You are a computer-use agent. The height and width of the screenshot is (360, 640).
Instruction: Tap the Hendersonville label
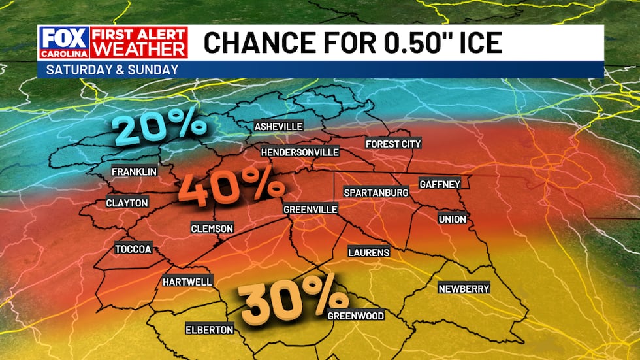[300, 152]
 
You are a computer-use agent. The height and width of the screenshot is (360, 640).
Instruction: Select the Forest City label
[393, 144]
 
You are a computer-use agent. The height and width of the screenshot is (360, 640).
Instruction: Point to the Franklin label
[134, 172]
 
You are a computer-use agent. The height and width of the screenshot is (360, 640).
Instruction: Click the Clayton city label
[127, 203]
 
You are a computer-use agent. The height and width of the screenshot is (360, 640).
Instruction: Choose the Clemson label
[212, 228]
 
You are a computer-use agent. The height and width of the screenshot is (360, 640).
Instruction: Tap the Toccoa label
[133, 249]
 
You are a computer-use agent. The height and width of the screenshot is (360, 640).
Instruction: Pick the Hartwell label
[187, 282]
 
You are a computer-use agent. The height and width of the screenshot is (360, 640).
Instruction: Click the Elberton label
[209, 329]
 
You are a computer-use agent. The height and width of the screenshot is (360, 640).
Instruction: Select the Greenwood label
[355, 316]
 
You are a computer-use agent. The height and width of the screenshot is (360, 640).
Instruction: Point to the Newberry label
[464, 289]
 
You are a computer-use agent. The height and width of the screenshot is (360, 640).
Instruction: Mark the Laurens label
[369, 252]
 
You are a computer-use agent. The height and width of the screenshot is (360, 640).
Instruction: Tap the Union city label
[453, 220]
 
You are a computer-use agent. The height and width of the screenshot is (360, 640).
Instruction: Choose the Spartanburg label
[376, 193]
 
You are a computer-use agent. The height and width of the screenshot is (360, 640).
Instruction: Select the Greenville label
[310, 210]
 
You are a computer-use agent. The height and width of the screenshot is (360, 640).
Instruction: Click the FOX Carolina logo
[58, 42]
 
